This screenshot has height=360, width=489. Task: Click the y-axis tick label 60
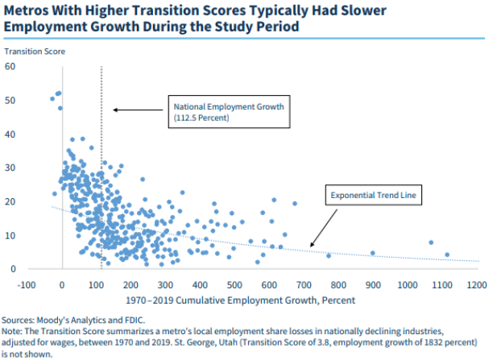[11, 66]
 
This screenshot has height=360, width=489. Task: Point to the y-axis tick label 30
[11, 168]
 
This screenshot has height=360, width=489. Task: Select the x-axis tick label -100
[29, 284]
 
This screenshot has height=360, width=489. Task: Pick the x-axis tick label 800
[340, 284]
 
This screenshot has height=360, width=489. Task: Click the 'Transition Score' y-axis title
[35, 52]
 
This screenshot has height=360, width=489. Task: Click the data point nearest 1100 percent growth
[447, 255]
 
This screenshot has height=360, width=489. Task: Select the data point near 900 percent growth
[372, 253]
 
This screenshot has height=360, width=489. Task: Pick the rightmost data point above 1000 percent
[447, 255]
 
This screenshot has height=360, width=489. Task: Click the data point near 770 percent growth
[328, 255]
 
